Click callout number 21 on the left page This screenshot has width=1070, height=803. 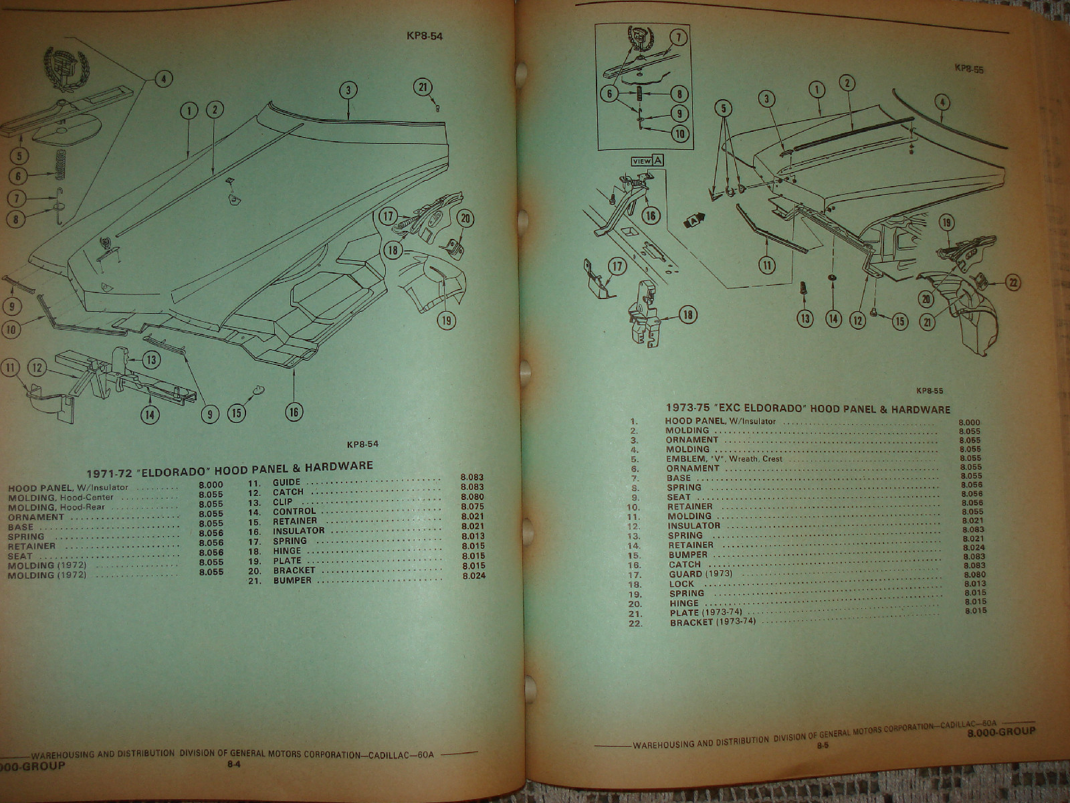point(423,88)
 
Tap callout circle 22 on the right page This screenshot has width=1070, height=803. point(1012,283)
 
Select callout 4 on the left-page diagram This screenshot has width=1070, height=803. point(163,80)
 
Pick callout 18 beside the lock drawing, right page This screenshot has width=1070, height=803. point(687,314)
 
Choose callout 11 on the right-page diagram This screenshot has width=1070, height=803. point(767,265)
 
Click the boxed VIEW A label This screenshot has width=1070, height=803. point(648,161)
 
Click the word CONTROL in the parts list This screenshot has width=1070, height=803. point(294,511)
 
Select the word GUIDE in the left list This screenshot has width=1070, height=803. point(286,482)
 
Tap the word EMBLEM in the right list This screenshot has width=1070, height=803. point(685,459)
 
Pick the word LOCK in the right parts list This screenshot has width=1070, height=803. point(681,584)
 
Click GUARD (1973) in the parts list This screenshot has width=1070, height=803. point(700,574)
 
